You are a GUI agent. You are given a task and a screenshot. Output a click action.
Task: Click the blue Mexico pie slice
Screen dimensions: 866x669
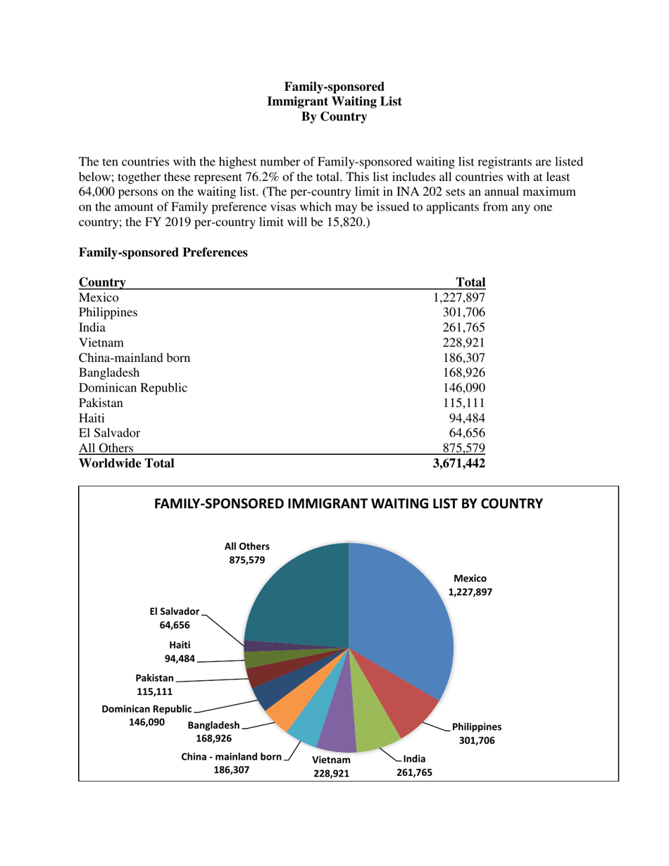(401, 620)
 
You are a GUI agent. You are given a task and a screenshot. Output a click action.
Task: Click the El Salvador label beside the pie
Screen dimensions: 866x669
(174, 612)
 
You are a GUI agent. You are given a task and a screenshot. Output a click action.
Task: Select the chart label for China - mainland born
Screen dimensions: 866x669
(232, 758)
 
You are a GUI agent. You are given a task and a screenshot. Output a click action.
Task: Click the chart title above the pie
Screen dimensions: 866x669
(348, 504)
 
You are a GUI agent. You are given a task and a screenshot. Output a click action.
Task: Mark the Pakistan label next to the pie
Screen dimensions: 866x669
(154, 678)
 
